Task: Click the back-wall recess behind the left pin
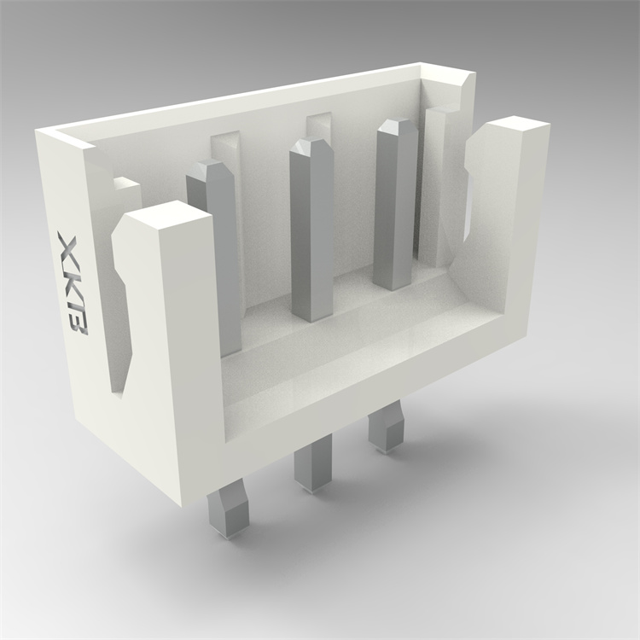(x=225, y=147)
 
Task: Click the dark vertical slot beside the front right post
(x=467, y=196)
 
